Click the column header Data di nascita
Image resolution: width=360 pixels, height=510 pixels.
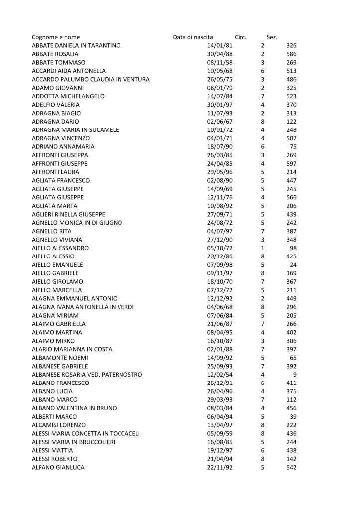(193, 37)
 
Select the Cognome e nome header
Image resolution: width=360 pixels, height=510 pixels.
(55, 37)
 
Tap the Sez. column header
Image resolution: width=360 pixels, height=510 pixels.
(272, 37)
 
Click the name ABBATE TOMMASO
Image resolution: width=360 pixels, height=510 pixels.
(58, 62)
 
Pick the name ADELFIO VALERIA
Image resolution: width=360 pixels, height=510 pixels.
(56, 105)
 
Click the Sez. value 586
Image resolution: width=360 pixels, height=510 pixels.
(291, 54)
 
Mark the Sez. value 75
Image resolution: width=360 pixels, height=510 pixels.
(293, 147)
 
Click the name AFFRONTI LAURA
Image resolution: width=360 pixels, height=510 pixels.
(56, 172)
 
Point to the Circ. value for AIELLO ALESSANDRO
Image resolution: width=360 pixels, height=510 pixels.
(262, 248)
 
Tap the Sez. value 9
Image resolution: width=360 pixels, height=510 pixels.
(295, 375)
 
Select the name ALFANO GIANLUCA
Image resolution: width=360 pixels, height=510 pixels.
(58, 467)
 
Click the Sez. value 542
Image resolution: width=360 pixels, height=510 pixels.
(291, 467)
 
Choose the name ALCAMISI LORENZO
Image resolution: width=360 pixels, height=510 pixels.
(59, 425)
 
